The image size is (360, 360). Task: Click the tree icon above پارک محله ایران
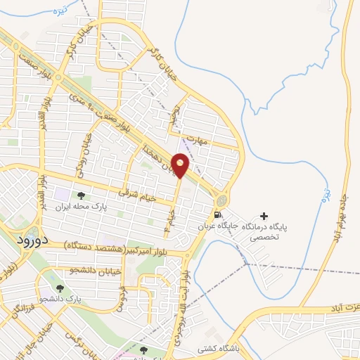tap(81, 195)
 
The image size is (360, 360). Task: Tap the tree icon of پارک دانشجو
tap(60, 288)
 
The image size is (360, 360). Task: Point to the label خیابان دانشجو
tap(97, 271)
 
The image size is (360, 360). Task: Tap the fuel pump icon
tap(218, 215)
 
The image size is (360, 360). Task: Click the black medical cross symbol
tap(264, 215)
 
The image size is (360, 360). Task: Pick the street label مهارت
tap(200, 141)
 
